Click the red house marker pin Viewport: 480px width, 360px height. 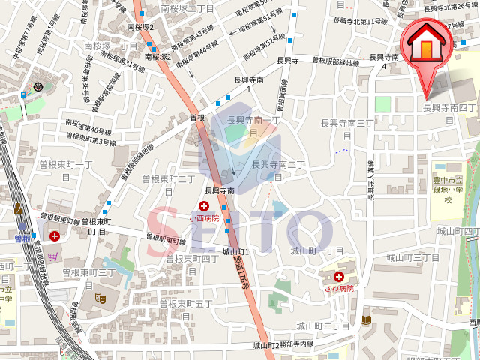[425, 46]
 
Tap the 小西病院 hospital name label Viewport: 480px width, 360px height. [203, 218]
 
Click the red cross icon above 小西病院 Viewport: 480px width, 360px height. [203, 205]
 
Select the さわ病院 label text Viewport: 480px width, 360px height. [338, 288]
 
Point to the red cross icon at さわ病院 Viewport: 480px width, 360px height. [339, 276]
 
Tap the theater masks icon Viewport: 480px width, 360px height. [100, 297]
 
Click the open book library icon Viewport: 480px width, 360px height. [366, 320]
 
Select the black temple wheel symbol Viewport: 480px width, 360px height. [38, 87]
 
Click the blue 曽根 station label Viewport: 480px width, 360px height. [22, 238]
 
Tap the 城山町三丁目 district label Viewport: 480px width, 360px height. [412, 257]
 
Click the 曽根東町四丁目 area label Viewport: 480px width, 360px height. [192, 258]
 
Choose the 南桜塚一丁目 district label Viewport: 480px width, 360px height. [111, 46]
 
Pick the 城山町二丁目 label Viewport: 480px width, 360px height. [322, 325]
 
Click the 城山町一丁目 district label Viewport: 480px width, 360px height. [316, 250]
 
